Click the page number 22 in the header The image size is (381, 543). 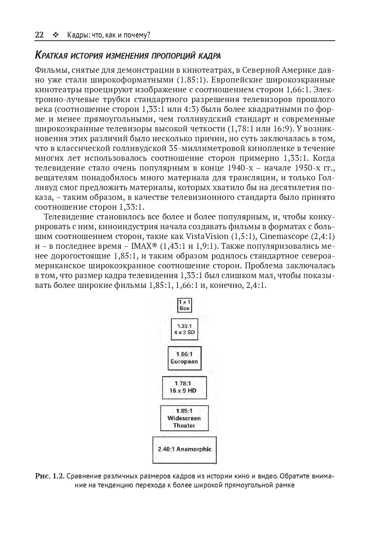39,35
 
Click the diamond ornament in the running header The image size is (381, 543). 55,35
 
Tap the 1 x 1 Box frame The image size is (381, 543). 185,305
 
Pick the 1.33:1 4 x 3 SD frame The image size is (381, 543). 185,329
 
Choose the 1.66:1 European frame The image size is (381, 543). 185,358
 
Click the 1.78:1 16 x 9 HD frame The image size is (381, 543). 184,387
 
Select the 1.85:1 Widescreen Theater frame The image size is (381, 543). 184,418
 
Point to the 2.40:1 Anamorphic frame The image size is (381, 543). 184,450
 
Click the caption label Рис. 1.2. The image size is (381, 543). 50,476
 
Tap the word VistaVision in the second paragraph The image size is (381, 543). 207,236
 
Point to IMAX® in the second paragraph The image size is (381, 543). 144,246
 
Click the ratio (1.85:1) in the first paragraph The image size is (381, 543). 192,80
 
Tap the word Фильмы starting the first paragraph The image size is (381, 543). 50,70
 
